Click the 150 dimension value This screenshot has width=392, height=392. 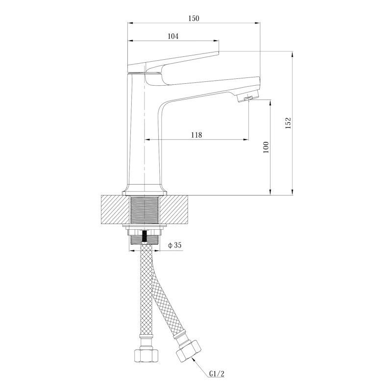point(194,18)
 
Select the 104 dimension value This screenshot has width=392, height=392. point(173,36)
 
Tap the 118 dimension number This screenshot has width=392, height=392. point(196,135)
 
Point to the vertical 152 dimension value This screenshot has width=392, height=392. point(288,123)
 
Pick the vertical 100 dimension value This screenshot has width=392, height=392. point(266,147)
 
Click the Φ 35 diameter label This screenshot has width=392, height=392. point(175,245)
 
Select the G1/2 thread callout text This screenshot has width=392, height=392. point(217,374)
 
